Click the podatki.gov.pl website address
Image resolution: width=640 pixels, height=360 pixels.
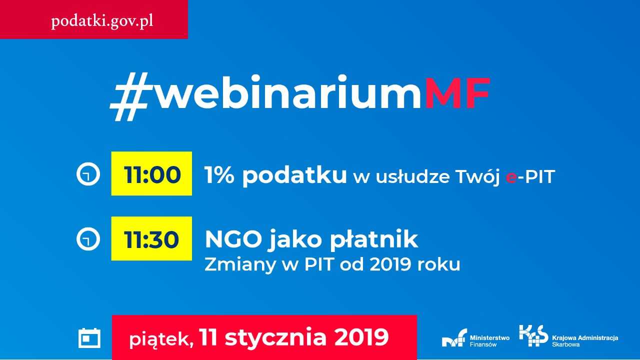(x=102, y=21)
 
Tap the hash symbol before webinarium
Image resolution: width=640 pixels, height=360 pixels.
(x=129, y=96)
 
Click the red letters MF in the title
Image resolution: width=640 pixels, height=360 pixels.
(x=457, y=93)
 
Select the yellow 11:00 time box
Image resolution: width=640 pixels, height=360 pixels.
(x=151, y=173)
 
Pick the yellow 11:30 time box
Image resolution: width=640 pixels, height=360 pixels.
(x=151, y=238)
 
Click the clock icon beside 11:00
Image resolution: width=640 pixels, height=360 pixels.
(x=88, y=174)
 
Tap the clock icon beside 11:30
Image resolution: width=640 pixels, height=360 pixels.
(x=88, y=239)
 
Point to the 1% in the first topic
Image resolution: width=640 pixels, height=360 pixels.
(x=219, y=175)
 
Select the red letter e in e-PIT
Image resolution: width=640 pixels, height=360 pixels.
(x=511, y=177)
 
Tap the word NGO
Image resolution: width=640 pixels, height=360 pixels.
(x=233, y=239)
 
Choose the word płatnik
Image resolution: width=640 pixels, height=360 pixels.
(x=374, y=240)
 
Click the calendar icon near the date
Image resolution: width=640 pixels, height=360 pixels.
(x=89, y=338)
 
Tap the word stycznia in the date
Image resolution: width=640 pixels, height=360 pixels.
(x=275, y=337)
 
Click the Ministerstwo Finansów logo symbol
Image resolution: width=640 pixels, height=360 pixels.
(x=454, y=338)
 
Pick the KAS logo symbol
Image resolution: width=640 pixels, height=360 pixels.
(x=533, y=335)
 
